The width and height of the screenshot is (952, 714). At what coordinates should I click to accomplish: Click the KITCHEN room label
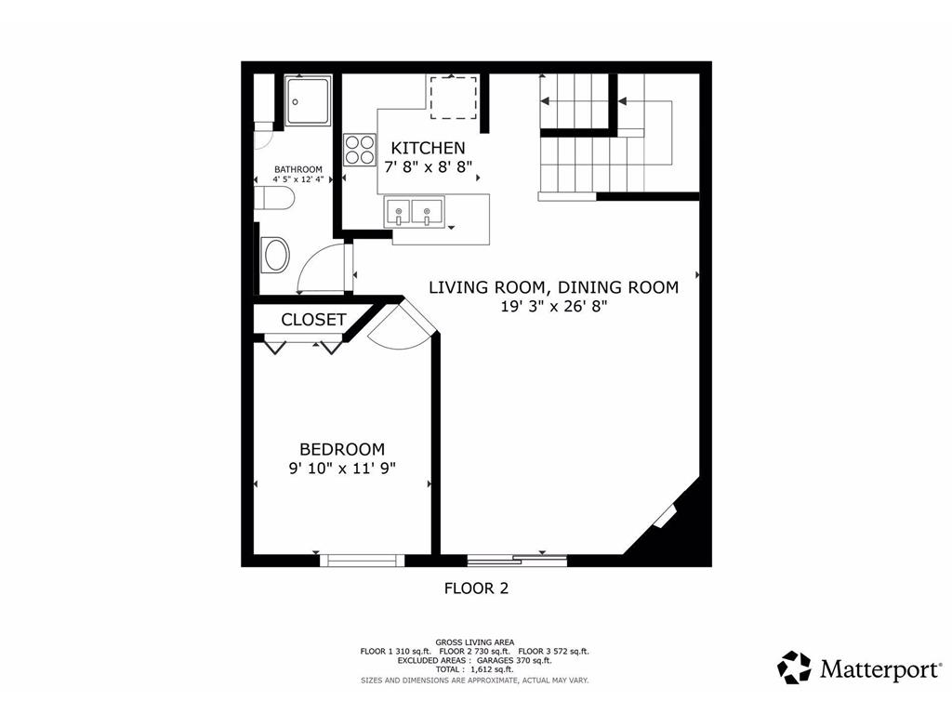(428, 148)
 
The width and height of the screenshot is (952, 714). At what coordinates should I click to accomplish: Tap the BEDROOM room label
(342, 449)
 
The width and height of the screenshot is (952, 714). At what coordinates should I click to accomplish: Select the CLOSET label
(313, 320)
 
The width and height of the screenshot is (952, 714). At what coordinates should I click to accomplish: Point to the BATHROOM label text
(298, 169)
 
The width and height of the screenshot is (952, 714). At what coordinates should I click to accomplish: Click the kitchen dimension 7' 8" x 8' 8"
(429, 167)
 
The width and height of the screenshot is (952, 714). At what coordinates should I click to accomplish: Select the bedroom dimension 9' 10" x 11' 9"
(342, 469)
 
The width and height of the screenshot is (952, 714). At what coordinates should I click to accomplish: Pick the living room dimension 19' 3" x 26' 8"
(554, 307)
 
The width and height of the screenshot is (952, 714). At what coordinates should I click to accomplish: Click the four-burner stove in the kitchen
(360, 150)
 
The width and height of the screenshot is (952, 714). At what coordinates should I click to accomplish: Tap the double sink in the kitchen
(414, 212)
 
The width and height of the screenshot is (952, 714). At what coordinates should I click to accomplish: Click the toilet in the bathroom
(274, 198)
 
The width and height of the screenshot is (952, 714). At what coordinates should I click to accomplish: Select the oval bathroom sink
(275, 255)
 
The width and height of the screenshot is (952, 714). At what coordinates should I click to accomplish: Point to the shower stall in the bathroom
(309, 100)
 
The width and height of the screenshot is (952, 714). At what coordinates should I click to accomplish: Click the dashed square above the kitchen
(453, 98)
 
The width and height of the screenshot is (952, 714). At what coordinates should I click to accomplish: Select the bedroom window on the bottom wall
(362, 560)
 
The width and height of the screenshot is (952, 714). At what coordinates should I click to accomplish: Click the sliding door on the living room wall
(517, 560)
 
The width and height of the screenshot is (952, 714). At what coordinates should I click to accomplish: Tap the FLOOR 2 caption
(477, 588)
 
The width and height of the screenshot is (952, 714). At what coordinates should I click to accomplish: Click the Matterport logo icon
(794, 668)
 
